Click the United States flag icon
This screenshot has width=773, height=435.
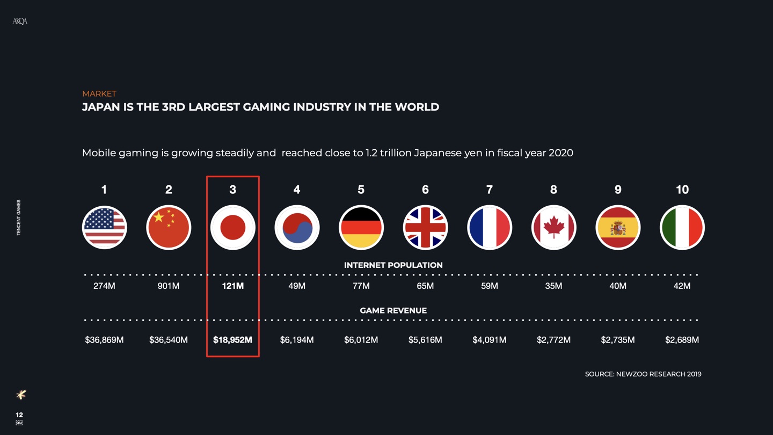104,227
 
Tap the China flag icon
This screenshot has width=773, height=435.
169,227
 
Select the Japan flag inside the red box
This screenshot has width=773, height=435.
232,227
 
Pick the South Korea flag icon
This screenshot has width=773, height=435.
297,227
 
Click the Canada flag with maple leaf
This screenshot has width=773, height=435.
553,227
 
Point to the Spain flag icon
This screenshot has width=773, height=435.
618,227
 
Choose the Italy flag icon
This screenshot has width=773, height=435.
682,227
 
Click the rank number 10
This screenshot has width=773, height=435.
682,190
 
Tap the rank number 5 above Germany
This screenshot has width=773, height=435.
361,190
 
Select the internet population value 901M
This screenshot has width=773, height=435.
169,286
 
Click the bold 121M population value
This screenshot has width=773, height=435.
232,286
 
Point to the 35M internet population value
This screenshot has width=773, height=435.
553,286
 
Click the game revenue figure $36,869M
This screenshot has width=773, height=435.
104,340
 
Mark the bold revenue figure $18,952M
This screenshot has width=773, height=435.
232,340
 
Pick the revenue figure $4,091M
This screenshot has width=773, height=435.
489,340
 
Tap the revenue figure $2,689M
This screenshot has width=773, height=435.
682,340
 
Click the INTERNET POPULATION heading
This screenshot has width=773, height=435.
393,265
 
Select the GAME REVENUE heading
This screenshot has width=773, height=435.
393,310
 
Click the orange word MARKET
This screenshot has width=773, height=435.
99,93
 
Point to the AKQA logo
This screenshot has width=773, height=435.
20,21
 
